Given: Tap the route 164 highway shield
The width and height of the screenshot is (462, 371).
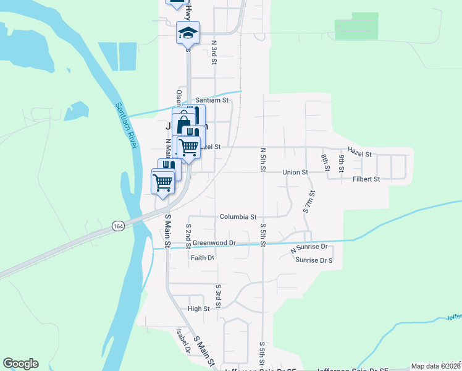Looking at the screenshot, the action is tap(117, 226).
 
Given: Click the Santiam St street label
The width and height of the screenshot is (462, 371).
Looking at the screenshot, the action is tap(212, 100).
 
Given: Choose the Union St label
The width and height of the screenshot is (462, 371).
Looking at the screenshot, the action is tap(295, 172).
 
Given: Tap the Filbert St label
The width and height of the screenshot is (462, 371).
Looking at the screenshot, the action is tap(366, 179).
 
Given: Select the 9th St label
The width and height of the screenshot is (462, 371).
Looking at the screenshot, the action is tap(341, 162).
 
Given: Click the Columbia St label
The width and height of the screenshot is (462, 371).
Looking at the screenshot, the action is tap(238, 217).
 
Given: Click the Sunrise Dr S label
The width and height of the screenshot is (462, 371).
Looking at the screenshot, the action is tap(314, 260).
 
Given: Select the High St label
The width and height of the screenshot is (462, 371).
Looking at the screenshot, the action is tap(199, 308).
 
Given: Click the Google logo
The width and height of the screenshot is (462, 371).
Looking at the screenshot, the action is tap(21, 364).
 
